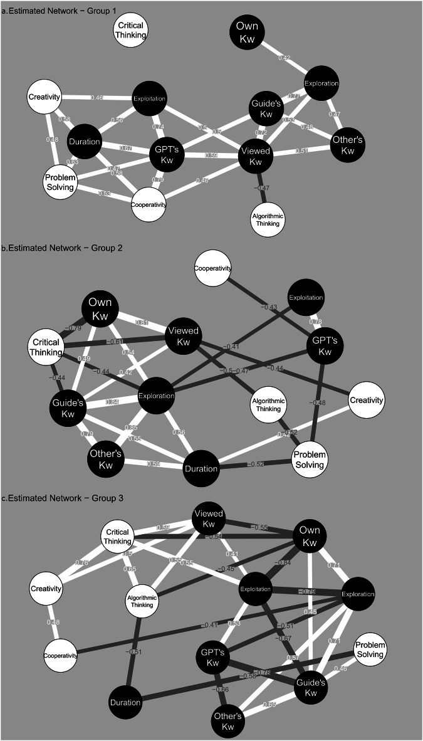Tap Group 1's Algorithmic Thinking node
click(268, 219)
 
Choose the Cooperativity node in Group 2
click(212, 268)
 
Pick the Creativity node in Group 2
click(366, 400)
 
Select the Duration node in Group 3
click(125, 702)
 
